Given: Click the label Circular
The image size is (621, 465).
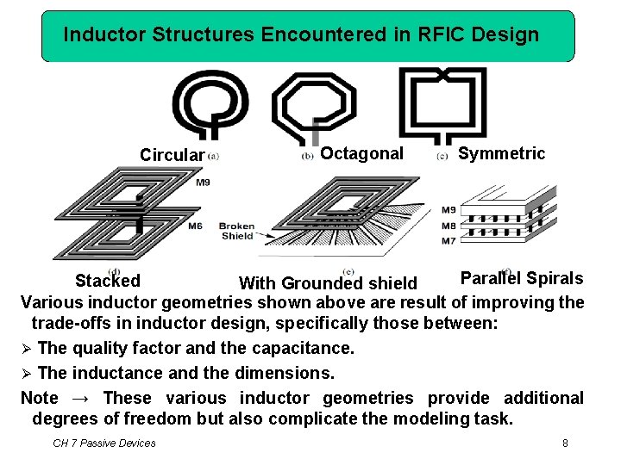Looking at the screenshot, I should pos(172,155).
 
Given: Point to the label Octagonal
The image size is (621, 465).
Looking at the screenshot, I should pos(361,153).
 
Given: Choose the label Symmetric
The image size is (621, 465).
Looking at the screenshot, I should pos(501,153).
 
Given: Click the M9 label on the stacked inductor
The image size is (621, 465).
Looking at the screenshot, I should pos(203,183).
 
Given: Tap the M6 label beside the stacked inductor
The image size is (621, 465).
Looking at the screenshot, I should pos(195,226).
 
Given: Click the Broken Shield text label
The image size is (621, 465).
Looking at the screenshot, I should pos(236,231).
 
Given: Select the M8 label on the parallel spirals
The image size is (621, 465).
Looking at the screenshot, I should pos(449,226).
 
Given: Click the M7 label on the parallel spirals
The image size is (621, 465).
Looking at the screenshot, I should pos(449,241).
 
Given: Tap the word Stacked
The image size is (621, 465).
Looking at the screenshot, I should pos(108,281).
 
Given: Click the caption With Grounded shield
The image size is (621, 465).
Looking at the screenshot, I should pos(328,283).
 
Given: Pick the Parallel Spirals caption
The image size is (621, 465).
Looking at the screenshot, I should pos(521,278).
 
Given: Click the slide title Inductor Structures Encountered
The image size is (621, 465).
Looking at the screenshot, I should pos(301,35).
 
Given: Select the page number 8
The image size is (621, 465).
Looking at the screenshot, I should pos(565,443).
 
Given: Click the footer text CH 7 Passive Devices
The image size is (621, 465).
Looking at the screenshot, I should pos(104,443).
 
